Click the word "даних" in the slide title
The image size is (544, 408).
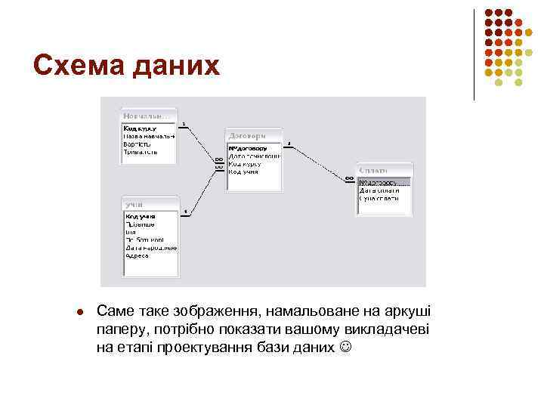(x=174, y=65)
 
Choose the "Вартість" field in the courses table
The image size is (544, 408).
(x=138, y=144)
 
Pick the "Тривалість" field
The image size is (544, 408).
(x=141, y=152)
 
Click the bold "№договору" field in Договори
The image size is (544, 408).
(x=247, y=148)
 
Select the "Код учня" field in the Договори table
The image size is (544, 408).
(x=243, y=172)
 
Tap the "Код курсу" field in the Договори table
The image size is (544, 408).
(x=246, y=164)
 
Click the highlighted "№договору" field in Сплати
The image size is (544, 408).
(x=384, y=182)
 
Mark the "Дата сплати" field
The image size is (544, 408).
(x=379, y=190)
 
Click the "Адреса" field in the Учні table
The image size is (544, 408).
(x=138, y=255)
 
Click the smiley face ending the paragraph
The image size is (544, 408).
(x=346, y=348)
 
